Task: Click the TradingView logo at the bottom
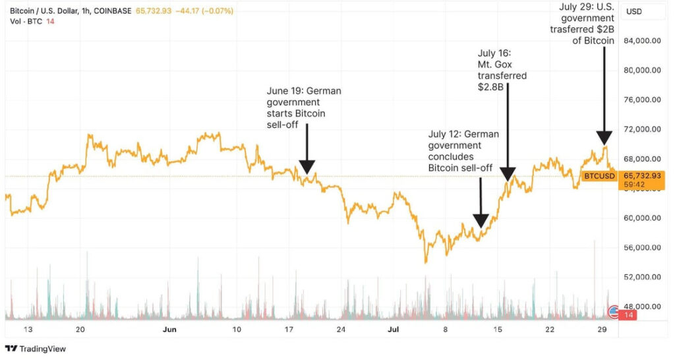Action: pyautogui.click(x=36, y=348)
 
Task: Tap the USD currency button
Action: pyautogui.click(x=634, y=11)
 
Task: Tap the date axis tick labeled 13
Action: pyautogui.click(x=28, y=329)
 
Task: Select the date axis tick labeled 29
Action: pyautogui.click(x=601, y=329)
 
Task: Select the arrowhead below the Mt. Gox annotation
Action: pyautogui.click(x=507, y=174)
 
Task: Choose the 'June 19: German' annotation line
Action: pyautogui.click(x=304, y=90)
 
